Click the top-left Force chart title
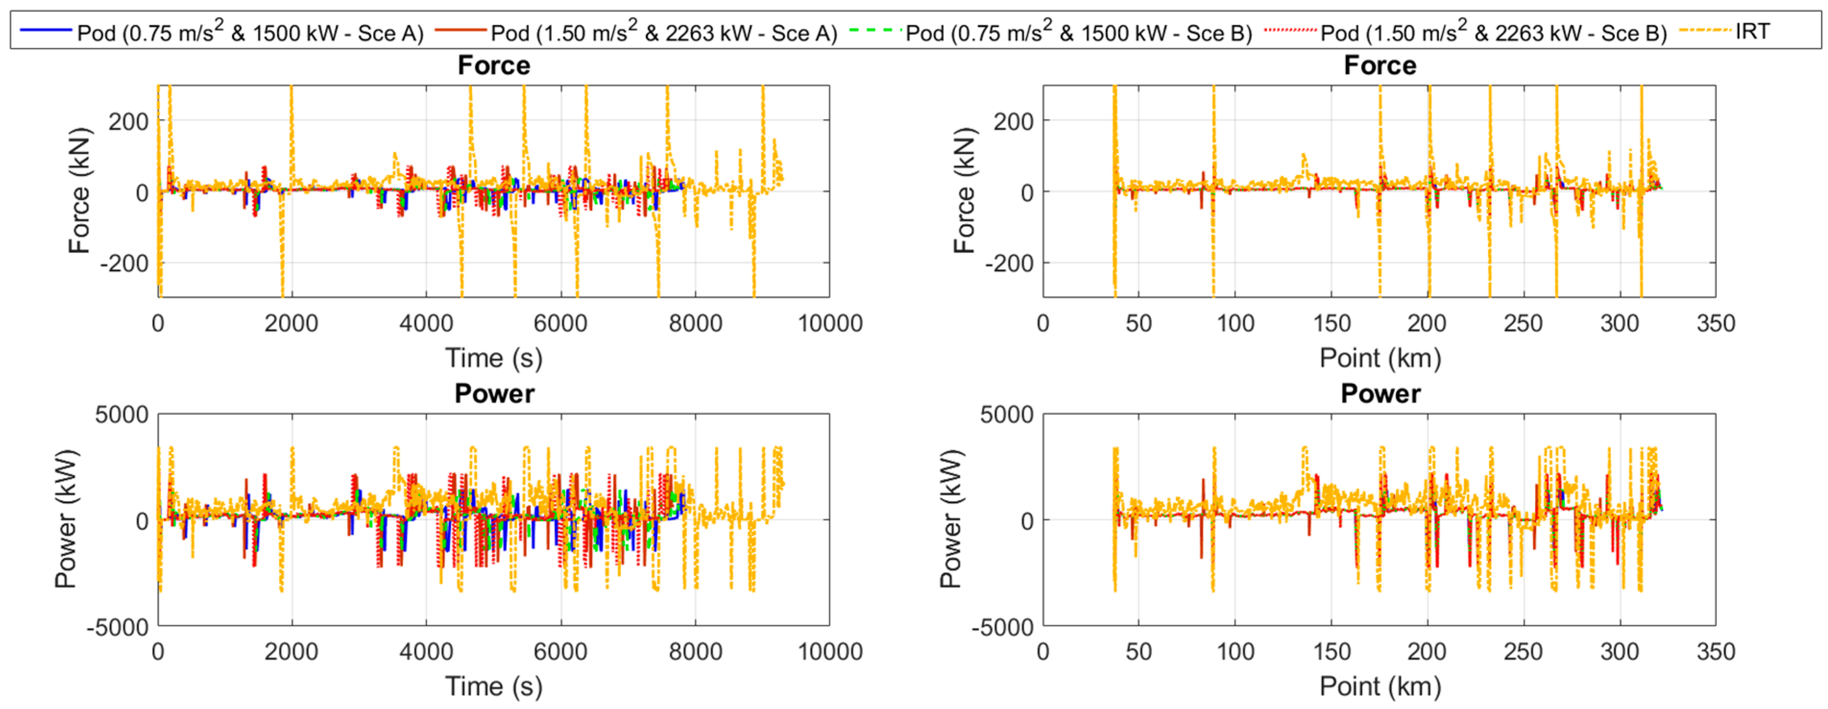tap(494, 65)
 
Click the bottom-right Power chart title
tap(1380, 394)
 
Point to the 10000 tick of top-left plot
tap(830, 324)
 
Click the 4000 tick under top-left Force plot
tap(426, 324)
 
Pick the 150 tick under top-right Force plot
tap(1331, 324)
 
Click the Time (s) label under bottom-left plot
tap(494, 686)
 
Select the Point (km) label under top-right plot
tap(1380, 358)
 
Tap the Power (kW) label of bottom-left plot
tap(66, 519)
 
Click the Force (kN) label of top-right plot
tap(964, 191)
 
